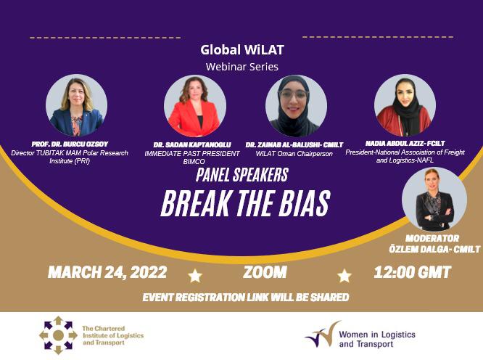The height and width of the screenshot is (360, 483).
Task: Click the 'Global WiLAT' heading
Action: click(x=242, y=50)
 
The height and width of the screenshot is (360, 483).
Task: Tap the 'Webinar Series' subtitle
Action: click(x=242, y=67)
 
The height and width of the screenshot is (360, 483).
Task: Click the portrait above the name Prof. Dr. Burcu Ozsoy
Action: click(x=76, y=105)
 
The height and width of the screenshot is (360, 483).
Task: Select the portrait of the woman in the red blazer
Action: click(x=194, y=106)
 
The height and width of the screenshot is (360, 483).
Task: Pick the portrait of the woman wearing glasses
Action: click(x=296, y=106)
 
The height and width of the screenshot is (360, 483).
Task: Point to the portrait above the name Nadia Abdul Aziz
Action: click(x=405, y=105)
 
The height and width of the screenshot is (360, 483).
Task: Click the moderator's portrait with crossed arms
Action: click(x=434, y=199)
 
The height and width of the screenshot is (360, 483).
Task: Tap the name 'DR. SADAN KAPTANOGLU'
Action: click(x=192, y=145)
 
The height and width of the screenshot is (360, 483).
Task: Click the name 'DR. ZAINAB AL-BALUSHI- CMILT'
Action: click(x=294, y=145)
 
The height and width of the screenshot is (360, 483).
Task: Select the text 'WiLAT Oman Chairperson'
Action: click(x=294, y=153)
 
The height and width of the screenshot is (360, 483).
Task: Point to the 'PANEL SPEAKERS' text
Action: click(x=242, y=175)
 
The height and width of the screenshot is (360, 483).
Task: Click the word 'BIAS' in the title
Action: click(x=305, y=203)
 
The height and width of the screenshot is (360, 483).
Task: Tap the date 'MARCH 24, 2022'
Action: click(x=107, y=272)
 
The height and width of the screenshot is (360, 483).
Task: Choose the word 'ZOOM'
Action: click(x=265, y=272)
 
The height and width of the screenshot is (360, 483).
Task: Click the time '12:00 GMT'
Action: click(x=413, y=272)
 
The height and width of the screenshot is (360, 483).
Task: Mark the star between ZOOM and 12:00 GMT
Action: click(x=344, y=276)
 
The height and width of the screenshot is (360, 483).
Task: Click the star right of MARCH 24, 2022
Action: click(x=195, y=276)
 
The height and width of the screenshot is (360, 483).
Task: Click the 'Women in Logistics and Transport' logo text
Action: click(x=377, y=339)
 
